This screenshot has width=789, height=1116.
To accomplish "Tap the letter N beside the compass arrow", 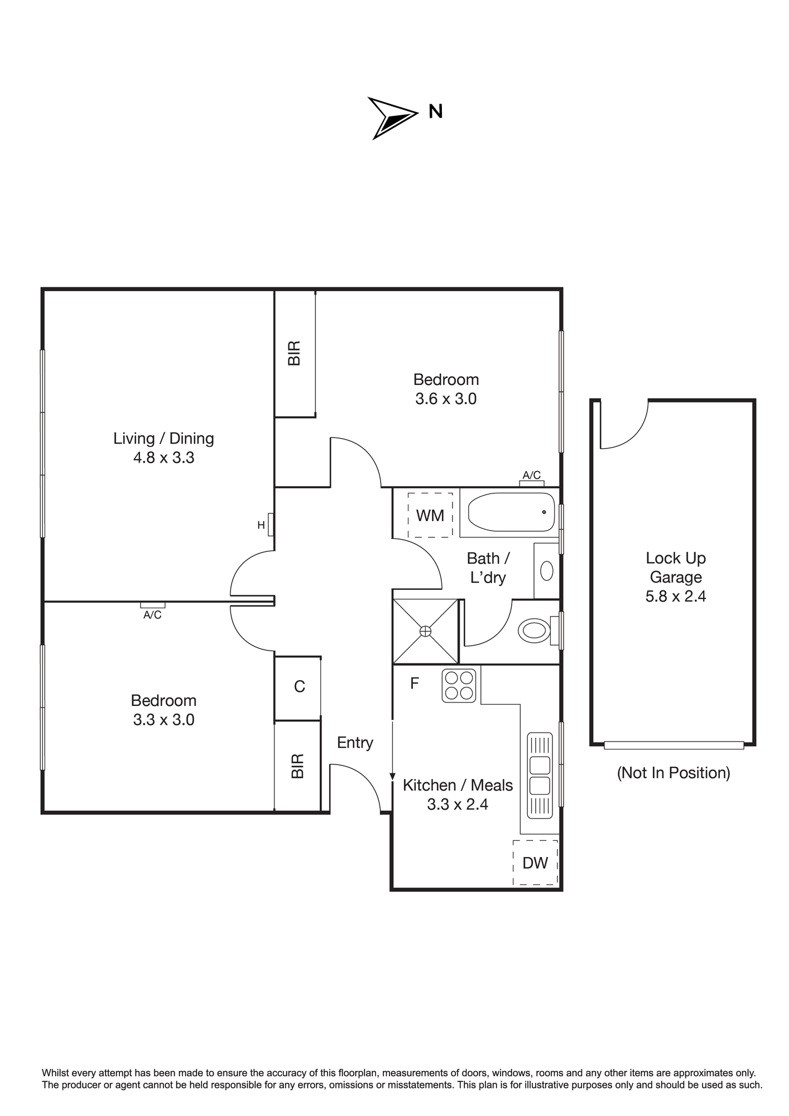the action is coord(435,112).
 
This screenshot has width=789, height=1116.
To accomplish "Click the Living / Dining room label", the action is coord(163,439).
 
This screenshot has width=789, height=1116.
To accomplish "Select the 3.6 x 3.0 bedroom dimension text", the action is coord(446,399).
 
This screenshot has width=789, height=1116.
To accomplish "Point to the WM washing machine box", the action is coord(430,515).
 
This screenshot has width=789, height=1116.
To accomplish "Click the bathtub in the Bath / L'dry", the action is coord(511,512).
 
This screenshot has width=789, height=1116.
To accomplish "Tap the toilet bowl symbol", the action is coord(535,631).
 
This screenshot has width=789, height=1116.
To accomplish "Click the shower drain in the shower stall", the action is coord(426,631).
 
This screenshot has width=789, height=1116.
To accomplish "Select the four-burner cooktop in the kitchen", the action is coord(459,686).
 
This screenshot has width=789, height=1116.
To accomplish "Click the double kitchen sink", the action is coord(540,776).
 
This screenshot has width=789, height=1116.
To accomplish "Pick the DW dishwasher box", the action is coord(535,862).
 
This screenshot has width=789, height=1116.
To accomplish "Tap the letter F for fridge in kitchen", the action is coord(415,684).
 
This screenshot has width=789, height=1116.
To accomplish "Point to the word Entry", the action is coord(355,743).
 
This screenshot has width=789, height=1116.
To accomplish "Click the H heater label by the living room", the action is coord(261,525).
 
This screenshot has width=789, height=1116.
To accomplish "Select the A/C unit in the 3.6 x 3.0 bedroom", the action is coord(532,483).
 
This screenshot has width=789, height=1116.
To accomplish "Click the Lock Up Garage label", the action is coord(676,567).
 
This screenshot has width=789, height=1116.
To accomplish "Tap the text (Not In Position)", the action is coord(673,773).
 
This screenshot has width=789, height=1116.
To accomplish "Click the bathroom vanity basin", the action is coord(547,571).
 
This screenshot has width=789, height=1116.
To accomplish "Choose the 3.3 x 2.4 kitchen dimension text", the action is coord(458,805).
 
